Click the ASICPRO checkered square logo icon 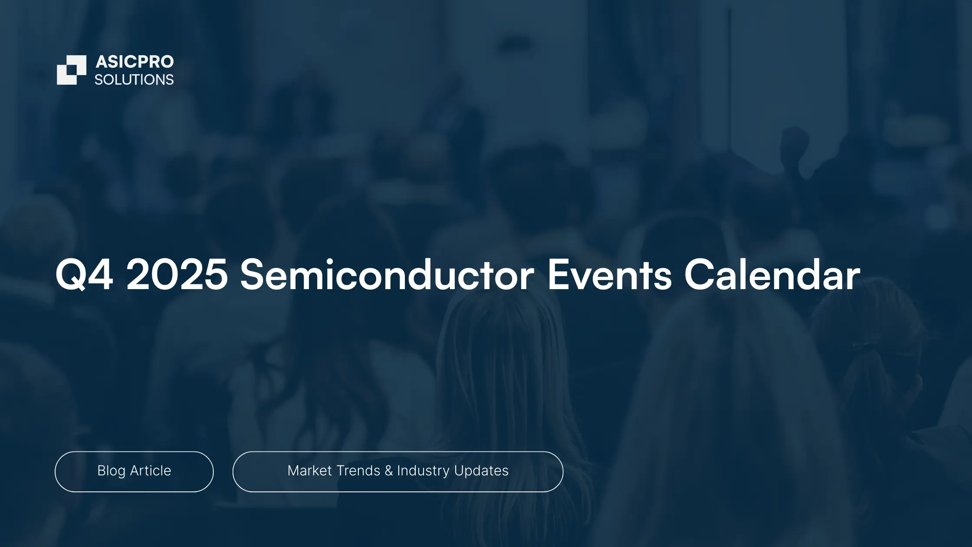pyautogui.click(x=72, y=70)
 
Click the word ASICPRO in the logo pyautogui.click(x=135, y=62)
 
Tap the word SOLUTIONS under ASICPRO pyautogui.click(x=134, y=80)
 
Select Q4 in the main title pyautogui.click(x=85, y=275)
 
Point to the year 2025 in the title pyautogui.click(x=177, y=274)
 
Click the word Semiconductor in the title pyautogui.click(x=387, y=274)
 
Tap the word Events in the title pyautogui.click(x=610, y=274)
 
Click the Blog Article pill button pyautogui.click(x=134, y=471)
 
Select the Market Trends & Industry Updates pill pyautogui.click(x=398, y=471)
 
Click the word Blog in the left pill pyautogui.click(x=112, y=471)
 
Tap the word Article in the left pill pyautogui.click(x=151, y=471)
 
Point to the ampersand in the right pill pyautogui.click(x=389, y=471)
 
